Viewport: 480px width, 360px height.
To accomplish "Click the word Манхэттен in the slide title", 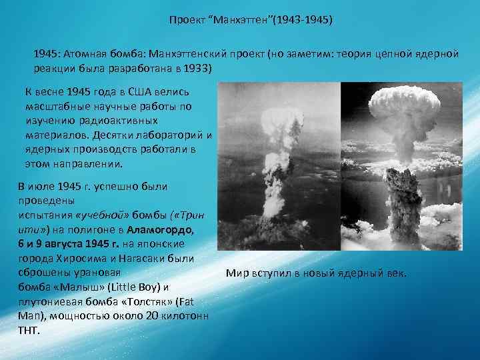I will pos(239,21).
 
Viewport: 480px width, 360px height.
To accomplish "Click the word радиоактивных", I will pos(126,121).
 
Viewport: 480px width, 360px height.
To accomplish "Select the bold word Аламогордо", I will pos(160,229).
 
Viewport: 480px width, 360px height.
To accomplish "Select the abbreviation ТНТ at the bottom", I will pos(29,330).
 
